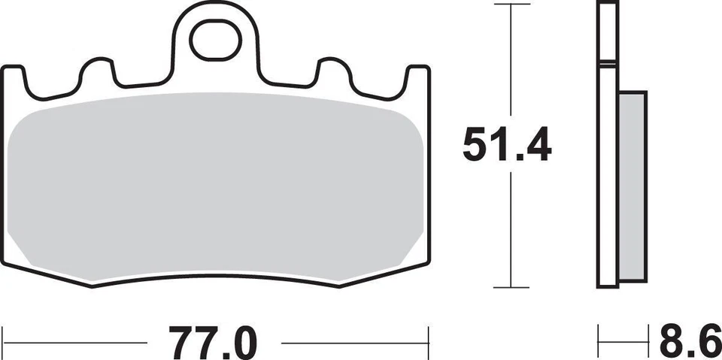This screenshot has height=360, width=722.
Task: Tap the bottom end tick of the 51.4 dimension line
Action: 511,287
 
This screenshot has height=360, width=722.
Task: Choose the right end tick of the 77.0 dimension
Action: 429,343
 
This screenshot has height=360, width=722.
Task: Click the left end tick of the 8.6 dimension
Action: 599,343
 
